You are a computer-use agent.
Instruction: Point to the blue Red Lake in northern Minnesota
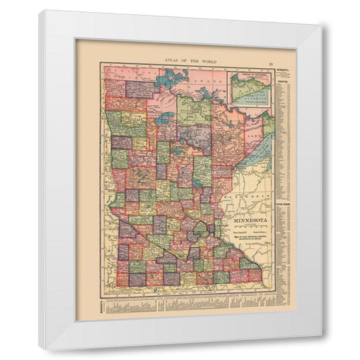click(163, 117)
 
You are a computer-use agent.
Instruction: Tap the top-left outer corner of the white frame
click(40, 12)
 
